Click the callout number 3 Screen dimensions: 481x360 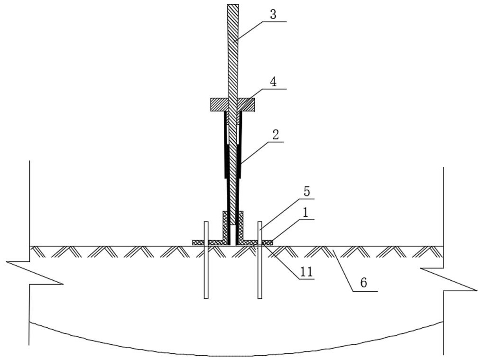click(273, 15)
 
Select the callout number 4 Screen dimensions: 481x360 click(273, 82)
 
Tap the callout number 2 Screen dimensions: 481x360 click(275, 135)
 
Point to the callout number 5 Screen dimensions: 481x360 click(307, 192)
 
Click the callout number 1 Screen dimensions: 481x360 click(305, 212)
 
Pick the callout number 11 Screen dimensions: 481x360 click(306, 272)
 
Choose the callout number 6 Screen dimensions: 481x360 click(363, 283)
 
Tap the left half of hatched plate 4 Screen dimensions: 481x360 click(219, 104)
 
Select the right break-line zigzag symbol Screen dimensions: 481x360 click(448, 279)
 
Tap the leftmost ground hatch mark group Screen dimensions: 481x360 click(38, 251)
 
